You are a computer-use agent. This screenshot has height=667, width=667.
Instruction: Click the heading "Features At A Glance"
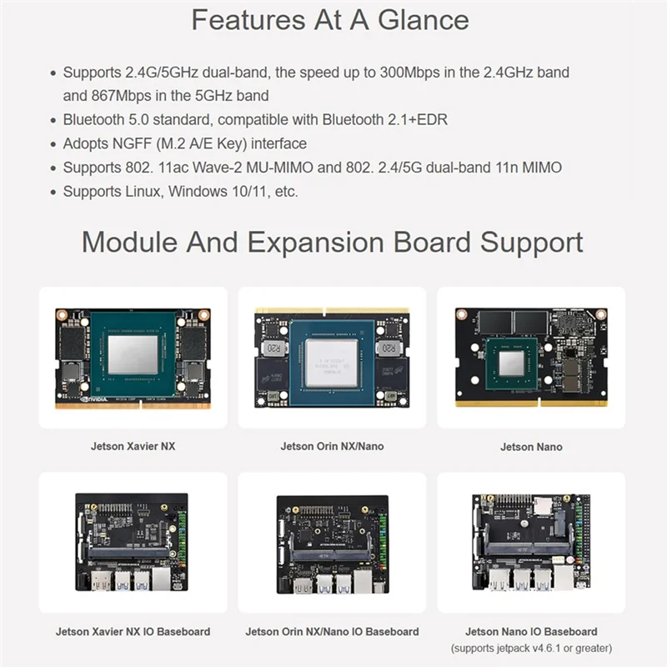329,20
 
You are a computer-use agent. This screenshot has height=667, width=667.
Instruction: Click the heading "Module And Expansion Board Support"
332,243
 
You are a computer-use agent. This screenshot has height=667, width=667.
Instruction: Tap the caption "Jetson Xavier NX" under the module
133,447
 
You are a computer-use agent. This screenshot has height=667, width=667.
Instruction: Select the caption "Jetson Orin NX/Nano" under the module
332,447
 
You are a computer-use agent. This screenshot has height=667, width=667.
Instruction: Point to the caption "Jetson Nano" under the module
531,447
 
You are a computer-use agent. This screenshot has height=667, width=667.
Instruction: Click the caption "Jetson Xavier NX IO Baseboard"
133,632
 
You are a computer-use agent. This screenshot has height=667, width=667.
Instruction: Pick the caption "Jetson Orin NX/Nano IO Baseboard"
332,632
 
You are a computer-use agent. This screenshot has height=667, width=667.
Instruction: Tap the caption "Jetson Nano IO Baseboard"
531,632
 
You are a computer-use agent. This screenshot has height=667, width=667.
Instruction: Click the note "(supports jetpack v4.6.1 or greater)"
531,649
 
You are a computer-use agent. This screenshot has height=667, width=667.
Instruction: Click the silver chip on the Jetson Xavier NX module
133,355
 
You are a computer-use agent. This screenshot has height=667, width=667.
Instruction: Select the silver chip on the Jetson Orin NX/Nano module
332,363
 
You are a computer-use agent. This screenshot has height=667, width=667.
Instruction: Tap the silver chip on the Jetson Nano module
512,363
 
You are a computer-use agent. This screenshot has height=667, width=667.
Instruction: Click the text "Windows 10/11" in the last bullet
208,192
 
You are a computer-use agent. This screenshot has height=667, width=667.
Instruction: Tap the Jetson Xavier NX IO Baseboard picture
133,543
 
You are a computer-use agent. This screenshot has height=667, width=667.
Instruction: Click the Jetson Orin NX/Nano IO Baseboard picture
332,544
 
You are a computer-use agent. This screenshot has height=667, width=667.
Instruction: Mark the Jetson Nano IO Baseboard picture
531,543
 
